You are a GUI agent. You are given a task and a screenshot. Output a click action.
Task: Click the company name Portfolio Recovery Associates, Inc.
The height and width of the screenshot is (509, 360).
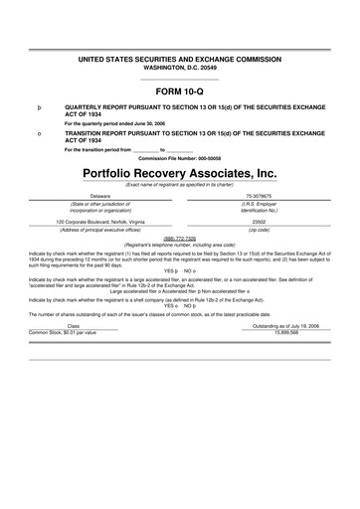pyautogui.click(x=179, y=172)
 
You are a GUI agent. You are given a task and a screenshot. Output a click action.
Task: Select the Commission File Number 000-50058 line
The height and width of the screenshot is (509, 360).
pyautogui.click(x=179, y=157)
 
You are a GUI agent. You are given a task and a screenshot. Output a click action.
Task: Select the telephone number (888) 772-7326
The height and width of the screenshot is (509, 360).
pyautogui.click(x=179, y=239)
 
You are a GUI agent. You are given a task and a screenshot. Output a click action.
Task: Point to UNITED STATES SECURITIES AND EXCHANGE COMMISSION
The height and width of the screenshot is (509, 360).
pyautogui.click(x=179, y=60)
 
